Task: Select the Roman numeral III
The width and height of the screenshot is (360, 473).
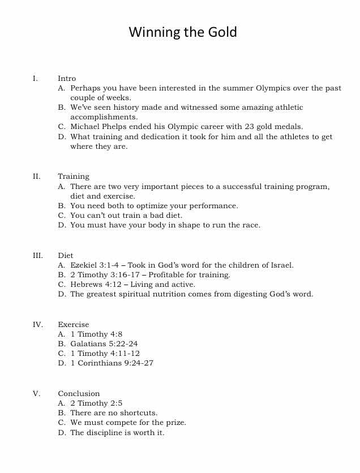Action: (x=38, y=255)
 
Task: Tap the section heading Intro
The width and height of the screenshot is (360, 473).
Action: (x=67, y=79)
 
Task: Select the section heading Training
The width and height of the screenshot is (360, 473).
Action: (x=74, y=177)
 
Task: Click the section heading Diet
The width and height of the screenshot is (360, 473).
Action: (x=66, y=255)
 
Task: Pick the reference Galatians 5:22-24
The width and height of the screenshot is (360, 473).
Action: (x=104, y=343)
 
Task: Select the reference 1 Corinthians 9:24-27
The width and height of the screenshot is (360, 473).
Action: (x=112, y=363)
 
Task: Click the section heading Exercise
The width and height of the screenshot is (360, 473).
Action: (x=74, y=325)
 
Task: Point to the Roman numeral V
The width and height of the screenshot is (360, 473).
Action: (x=37, y=394)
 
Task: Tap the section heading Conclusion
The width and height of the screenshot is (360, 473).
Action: (x=79, y=394)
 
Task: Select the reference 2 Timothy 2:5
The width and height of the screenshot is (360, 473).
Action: (x=96, y=403)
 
